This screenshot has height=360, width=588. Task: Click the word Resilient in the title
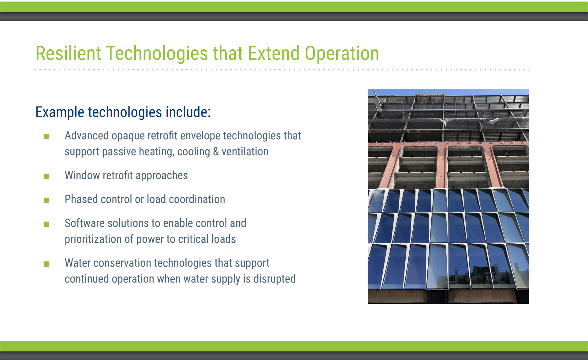(68, 53)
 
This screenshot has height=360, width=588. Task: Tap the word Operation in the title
(342, 53)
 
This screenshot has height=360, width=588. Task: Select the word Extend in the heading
(273, 53)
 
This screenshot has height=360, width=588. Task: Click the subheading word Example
(60, 112)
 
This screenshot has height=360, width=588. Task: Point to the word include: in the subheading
(188, 112)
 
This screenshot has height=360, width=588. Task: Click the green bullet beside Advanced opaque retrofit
(47, 137)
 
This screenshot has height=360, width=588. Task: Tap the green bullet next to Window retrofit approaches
(47, 176)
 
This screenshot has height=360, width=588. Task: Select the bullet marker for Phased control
(47, 200)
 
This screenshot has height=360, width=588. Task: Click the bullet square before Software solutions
(47, 224)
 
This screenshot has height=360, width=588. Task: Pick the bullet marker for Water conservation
(47, 264)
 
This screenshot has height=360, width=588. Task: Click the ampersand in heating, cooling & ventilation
(216, 152)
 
